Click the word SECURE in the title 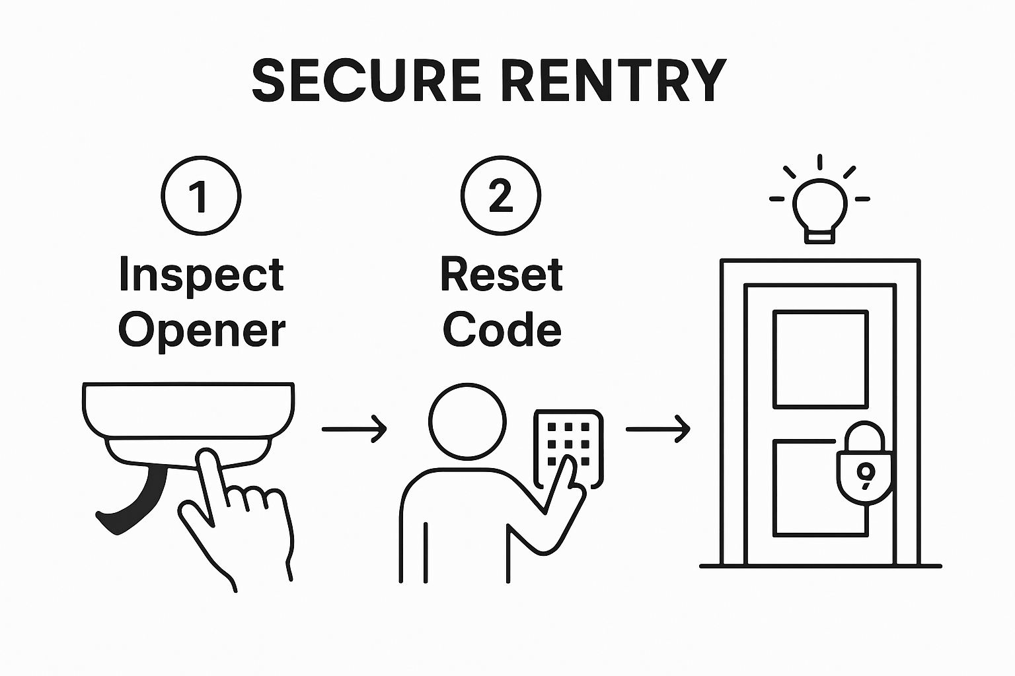(365, 81)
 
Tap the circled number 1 (201, 196)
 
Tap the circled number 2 (500, 196)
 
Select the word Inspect (201, 276)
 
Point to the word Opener (201, 330)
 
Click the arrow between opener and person (354, 429)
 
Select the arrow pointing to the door (658, 429)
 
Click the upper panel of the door (820, 360)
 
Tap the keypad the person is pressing (568, 442)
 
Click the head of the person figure (467, 421)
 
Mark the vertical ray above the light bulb (819, 162)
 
